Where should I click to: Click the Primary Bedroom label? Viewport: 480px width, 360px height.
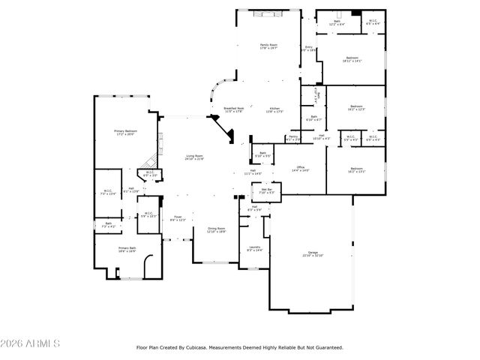pyautogui.click(x=124, y=131)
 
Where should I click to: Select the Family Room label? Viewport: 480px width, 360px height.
pyautogui.click(x=269, y=46)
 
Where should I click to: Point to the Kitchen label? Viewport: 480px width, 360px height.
pyautogui.click(x=275, y=109)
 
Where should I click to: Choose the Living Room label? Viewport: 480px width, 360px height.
pyautogui.click(x=195, y=156)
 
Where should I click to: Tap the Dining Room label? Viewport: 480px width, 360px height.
pyautogui.click(x=216, y=229)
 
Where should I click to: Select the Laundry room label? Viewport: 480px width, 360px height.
pyautogui.click(x=255, y=247)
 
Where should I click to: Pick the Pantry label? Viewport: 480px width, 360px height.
pyautogui.click(x=293, y=137)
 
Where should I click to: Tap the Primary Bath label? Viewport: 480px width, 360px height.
pyautogui.click(x=127, y=248)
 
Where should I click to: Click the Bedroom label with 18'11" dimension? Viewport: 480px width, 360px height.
pyautogui.click(x=352, y=58)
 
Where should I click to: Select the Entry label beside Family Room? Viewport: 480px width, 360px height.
pyautogui.click(x=308, y=47)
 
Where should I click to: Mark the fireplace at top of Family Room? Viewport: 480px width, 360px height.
pyautogui.click(x=269, y=13)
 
